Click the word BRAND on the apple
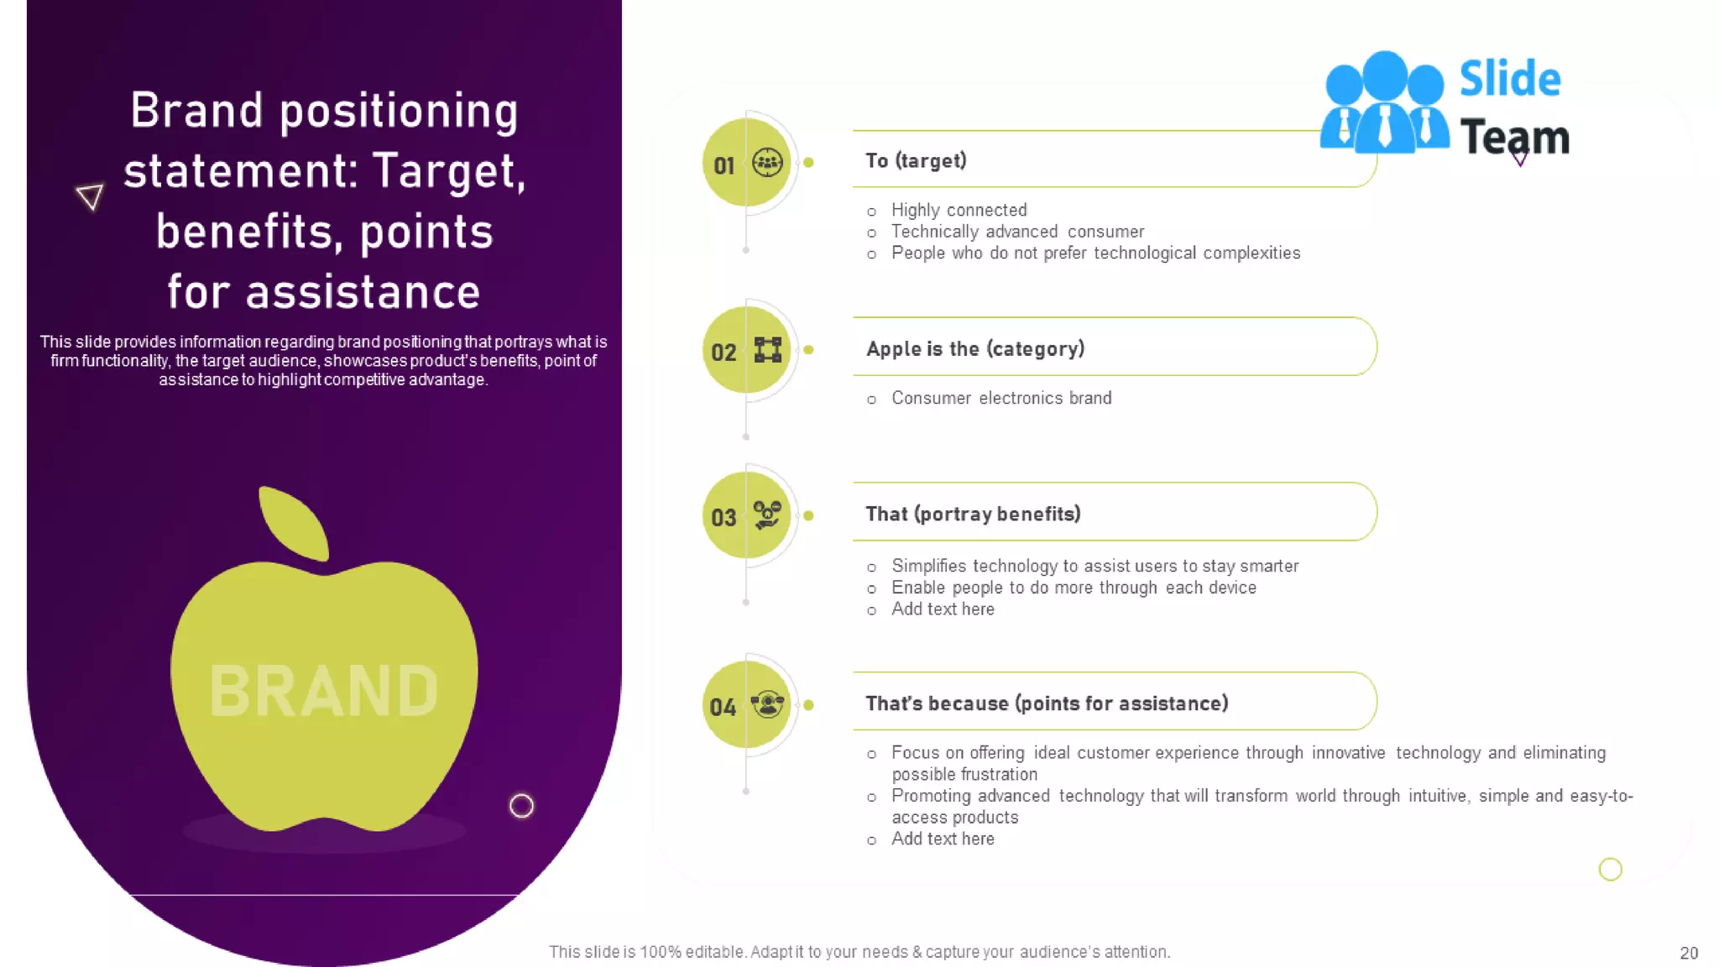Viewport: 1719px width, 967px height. pos(324,692)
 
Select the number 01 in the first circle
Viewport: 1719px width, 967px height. pos(724,166)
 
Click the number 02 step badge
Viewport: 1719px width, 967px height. pos(724,353)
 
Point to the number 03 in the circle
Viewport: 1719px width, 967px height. pos(724,518)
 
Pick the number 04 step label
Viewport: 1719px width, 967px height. pos(723,708)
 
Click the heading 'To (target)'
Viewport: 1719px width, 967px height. pos(916,160)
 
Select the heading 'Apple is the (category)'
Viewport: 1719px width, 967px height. pos(975,348)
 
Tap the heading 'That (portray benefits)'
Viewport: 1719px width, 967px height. pos(973,514)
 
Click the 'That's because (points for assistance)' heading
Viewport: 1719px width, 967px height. pos(1047,703)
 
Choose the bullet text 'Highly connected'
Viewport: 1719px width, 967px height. pos(959,210)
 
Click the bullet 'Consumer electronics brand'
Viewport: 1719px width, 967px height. pos(1001,398)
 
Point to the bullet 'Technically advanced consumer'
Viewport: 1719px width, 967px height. pos(1017,232)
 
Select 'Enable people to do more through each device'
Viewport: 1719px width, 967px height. pos(1074,588)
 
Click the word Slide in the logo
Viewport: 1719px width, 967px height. pos(1510,79)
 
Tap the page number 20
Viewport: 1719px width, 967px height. pos(1689,953)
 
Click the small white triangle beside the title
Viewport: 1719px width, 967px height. pos(90,196)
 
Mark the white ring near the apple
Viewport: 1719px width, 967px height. pos(521,806)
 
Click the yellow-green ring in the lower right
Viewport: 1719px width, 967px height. pos(1610,870)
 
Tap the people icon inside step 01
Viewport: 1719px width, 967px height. pos(767,162)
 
